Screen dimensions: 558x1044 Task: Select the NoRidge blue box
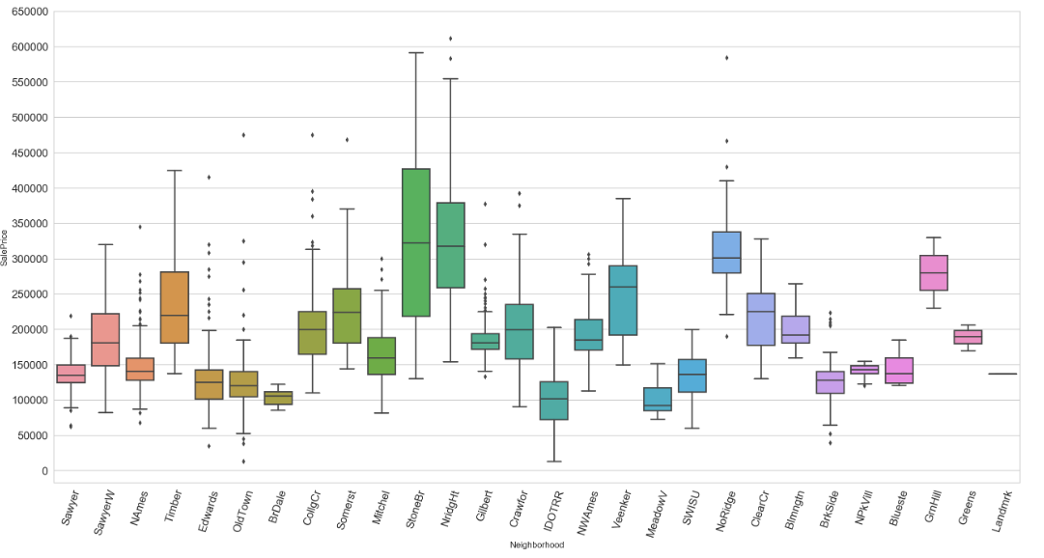[726, 252]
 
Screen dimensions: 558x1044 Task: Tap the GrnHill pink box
[933, 273]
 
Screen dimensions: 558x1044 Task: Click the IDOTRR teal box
[554, 400]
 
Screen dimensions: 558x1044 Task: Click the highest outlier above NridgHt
[450, 39]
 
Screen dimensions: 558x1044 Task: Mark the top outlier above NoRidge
[726, 58]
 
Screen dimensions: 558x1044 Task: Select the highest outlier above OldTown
[243, 135]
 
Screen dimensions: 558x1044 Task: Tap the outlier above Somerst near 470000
[347, 140]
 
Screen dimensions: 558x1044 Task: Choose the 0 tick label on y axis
[44, 471]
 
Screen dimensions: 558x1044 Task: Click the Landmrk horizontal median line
[1002, 374]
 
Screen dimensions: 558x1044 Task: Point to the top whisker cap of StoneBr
[415, 53]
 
